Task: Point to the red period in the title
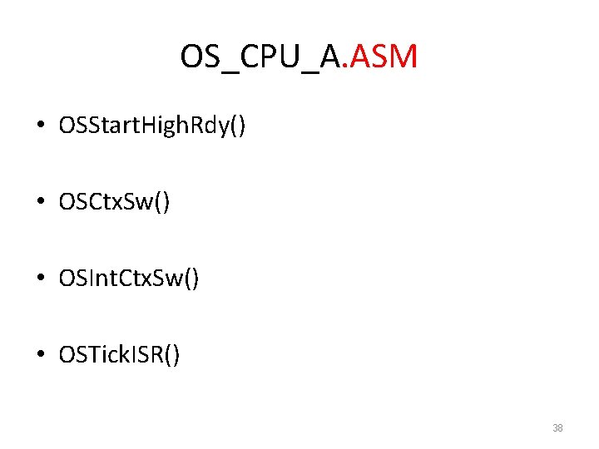[349, 67]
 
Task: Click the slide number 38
[557, 428]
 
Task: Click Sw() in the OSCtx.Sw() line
[149, 203]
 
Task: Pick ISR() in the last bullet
[156, 356]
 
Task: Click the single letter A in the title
[332, 57]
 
